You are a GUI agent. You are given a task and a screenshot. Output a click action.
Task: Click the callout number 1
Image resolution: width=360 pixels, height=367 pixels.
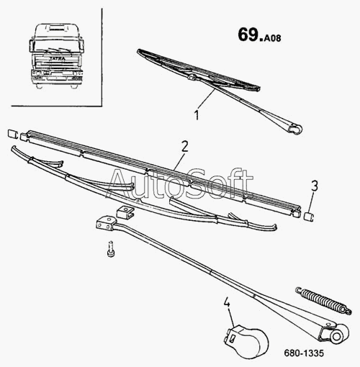click(x=197, y=115)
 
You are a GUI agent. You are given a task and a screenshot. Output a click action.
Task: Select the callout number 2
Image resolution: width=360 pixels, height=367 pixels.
click(x=184, y=147)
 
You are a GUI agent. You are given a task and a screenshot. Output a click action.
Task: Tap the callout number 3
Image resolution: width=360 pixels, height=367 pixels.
click(x=315, y=186)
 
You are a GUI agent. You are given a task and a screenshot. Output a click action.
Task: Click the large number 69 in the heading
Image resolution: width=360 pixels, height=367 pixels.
click(x=248, y=35)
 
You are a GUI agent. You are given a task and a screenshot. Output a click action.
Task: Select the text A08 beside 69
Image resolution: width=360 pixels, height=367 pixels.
click(x=272, y=38)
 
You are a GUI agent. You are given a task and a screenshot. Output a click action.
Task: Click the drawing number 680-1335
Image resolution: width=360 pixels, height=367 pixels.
click(x=304, y=353)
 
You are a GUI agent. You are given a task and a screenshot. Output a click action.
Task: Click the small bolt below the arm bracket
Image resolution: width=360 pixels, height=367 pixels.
click(x=110, y=249)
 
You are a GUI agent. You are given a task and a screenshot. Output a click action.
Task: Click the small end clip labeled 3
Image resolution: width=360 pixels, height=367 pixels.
click(x=309, y=217)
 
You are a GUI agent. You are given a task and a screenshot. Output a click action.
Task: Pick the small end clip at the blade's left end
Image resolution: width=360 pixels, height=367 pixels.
click(x=12, y=134)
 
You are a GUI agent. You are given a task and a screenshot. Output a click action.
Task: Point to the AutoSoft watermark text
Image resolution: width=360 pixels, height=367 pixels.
click(x=181, y=183)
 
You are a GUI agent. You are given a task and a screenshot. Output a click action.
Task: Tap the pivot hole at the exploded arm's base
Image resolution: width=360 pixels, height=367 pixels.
click(x=336, y=336)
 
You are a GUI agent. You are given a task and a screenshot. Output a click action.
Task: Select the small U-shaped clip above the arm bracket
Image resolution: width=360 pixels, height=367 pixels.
click(x=125, y=212)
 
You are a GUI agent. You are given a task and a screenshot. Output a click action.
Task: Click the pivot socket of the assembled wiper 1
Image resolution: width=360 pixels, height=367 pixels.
click(x=294, y=129)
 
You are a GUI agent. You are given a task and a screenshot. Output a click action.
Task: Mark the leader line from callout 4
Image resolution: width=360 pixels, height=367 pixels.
click(x=231, y=317)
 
